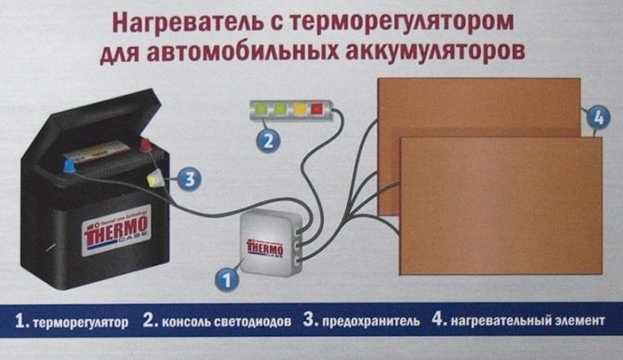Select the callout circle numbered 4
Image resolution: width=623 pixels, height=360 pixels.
(599, 118)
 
